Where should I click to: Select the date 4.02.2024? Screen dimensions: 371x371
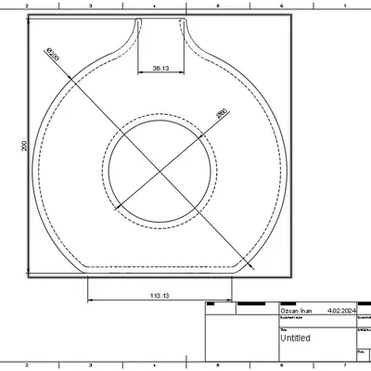342,312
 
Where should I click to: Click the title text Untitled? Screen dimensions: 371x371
297,339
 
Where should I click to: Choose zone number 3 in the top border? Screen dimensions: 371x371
90,5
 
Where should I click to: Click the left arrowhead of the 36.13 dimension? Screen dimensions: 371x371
139,73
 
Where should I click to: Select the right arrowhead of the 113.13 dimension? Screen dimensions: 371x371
229,301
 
